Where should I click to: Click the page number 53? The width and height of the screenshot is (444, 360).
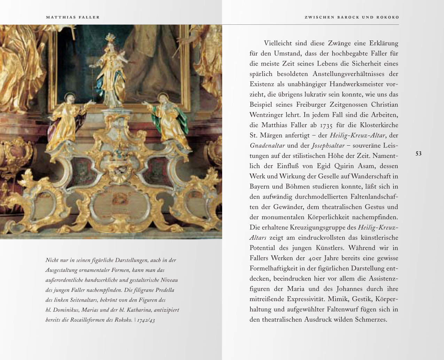(419, 154)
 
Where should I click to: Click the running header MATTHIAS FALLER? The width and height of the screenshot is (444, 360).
(73, 17)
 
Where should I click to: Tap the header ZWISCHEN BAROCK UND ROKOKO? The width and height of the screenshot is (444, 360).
(352, 17)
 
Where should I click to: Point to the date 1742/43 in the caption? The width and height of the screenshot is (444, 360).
(146, 320)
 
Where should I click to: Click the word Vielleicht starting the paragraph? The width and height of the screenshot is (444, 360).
(278, 44)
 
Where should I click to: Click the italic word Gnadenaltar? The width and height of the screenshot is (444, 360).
(267, 146)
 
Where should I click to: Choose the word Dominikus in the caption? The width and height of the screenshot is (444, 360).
(68, 310)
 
